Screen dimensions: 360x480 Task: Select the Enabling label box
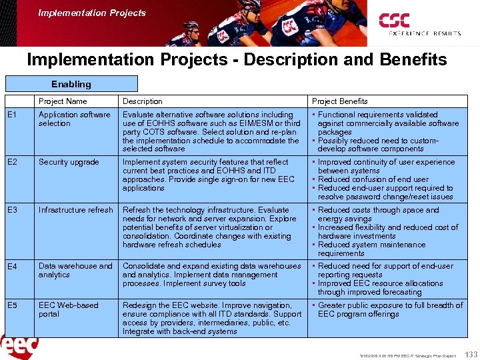pos(71,84)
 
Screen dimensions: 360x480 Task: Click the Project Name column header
pos(63,101)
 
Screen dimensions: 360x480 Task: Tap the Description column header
pos(142,101)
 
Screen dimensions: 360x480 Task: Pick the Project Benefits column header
pos(339,101)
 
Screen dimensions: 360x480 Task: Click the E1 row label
pos(12,115)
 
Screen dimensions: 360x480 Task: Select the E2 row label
pos(12,162)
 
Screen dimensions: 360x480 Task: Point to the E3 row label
pos(12,210)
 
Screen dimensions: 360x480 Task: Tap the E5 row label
pos(12,306)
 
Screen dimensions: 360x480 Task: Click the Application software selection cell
pos(74,119)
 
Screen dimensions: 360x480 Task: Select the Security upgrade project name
pos(69,162)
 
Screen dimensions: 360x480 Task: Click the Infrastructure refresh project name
pos(76,210)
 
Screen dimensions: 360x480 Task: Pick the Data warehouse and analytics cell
pos(75,270)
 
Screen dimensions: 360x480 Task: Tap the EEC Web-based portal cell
pos(69,309)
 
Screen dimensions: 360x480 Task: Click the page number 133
pos(469,353)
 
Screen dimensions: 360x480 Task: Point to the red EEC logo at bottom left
pos(19,347)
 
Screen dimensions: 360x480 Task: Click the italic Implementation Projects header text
pos(92,13)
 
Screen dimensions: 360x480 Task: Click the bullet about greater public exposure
pos(387,309)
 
